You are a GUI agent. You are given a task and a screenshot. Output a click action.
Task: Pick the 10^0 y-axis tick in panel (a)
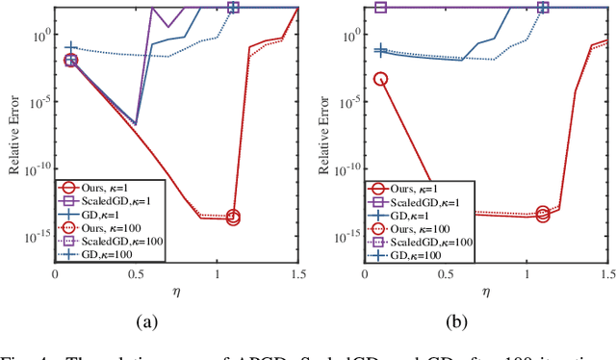click(x=40, y=36)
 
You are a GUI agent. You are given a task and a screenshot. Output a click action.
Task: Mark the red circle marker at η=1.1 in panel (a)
click(x=233, y=218)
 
